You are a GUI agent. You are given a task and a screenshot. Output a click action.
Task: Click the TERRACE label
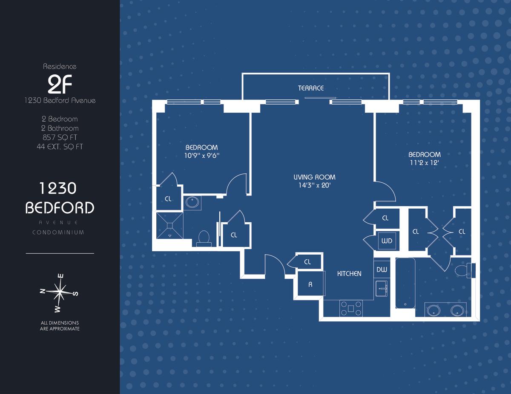point(310,88)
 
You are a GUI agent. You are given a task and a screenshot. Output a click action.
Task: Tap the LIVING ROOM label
point(314,177)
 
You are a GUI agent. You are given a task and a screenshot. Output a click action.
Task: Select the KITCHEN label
point(349,273)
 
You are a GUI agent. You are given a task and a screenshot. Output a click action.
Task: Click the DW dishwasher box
point(382,269)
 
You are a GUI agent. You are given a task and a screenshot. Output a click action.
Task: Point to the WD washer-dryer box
point(387,241)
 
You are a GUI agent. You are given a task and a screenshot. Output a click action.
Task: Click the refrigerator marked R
point(310,284)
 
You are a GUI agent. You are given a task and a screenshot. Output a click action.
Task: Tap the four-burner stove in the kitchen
point(351,308)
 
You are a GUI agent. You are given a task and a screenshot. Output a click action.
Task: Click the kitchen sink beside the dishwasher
point(382,289)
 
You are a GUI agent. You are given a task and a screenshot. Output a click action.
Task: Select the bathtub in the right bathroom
point(405,283)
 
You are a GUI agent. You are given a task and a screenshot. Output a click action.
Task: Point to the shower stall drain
point(170,225)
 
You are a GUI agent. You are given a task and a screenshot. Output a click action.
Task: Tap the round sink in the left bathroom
point(192,202)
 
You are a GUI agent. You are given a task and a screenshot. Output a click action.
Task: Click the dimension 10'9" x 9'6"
point(202,155)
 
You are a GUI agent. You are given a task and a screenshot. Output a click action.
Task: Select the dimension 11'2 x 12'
point(425,162)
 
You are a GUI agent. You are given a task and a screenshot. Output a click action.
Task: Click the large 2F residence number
point(60,84)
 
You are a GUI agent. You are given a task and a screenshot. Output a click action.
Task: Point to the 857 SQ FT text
point(60,137)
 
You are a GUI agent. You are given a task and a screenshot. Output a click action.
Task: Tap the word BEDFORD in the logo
point(60,208)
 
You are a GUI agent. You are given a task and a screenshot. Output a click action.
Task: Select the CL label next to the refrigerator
point(307,262)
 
